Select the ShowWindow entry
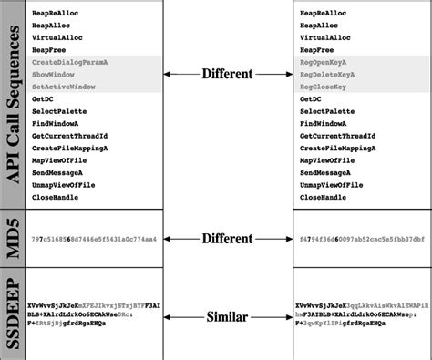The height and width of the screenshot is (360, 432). click(x=53, y=73)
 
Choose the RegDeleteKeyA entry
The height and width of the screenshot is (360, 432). click(x=327, y=73)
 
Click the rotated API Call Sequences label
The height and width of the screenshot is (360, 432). click(x=14, y=104)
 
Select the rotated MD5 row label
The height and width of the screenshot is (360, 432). click(x=14, y=239)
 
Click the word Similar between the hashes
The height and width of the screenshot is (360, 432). click(x=228, y=316)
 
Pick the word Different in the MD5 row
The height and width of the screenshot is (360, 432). click(x=228, y=239)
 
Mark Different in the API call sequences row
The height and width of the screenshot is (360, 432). click(x=228, y=73)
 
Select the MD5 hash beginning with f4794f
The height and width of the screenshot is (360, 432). click(x=356, y=240)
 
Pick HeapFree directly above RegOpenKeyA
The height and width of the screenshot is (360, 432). click(x=315, y=49)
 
